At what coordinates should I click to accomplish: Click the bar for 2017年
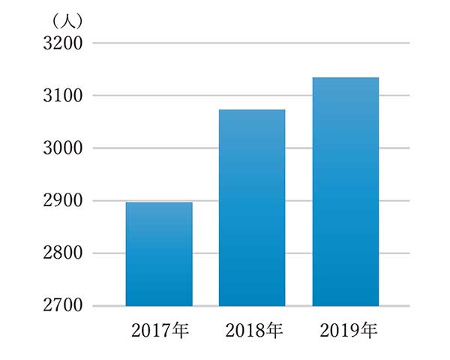(158, 254)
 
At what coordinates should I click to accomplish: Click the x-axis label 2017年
(159, 329)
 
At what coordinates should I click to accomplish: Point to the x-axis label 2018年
(252, 329)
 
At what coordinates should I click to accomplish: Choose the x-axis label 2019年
(346, 329)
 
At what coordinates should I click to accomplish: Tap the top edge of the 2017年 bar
(158, 203)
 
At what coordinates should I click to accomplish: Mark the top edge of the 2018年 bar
(252, 110)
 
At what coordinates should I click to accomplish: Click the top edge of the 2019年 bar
(345, 78)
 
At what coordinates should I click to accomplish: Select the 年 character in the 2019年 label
(367, 329)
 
